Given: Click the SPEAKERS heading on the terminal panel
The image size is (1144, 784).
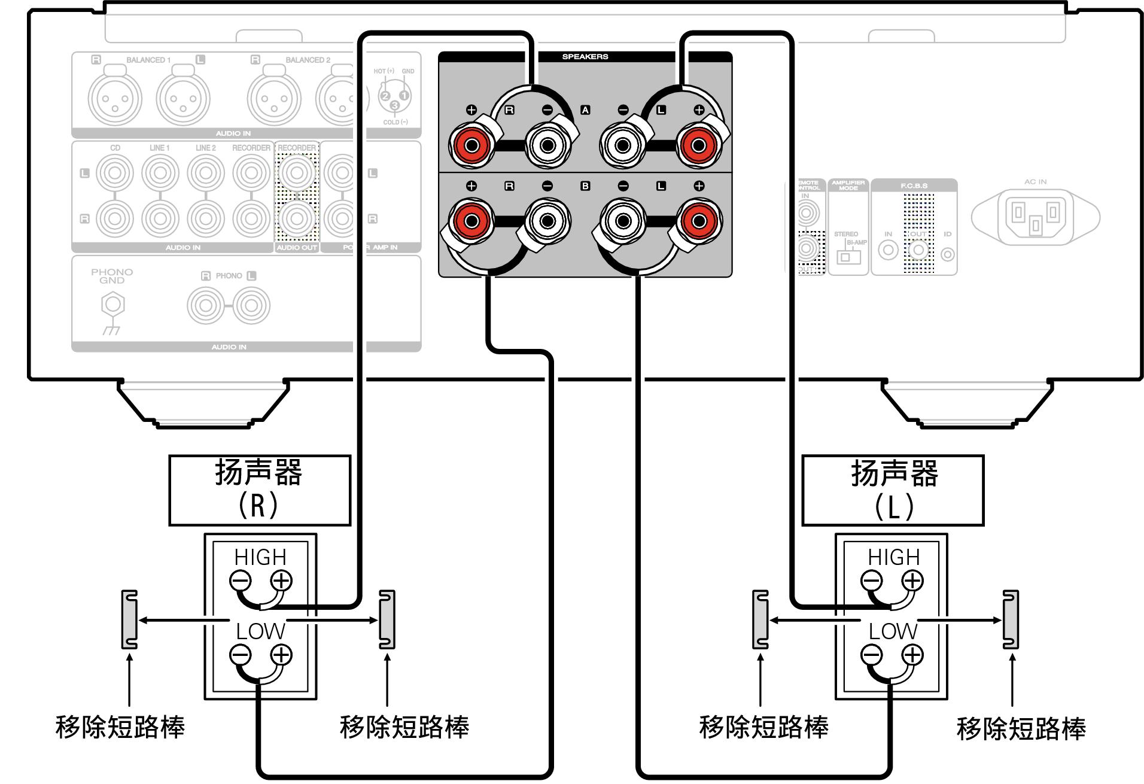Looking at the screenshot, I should tap(585, 57).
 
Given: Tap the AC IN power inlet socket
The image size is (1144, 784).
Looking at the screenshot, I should tap(1035, 216).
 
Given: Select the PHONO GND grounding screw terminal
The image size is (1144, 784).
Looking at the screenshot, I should tap(112, 305).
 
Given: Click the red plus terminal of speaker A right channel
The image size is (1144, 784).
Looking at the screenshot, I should tap(471, 145).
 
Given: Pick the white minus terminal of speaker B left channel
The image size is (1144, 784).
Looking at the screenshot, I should tap(623, 221).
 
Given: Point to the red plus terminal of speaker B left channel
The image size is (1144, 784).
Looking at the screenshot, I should tap(698, 221).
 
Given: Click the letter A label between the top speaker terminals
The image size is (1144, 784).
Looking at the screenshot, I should tap(585, 110).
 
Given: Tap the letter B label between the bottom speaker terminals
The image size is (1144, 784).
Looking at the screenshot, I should tap(585, 186).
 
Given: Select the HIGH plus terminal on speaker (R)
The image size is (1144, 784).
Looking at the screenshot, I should tap(281, 580).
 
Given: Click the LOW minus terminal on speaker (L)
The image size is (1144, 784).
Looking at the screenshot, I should tap(871, 655).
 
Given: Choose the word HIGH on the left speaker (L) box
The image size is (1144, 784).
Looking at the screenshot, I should tap(894, 557).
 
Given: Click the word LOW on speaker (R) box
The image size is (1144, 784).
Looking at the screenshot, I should tap(260, 631).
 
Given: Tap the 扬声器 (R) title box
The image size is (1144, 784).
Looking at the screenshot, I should tap(260, 490).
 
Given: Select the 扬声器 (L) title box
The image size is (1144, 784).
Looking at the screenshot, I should tap(893, 490).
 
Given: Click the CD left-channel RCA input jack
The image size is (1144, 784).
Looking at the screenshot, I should tap(115, 173).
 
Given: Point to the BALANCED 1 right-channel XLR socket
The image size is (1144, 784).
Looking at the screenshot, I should tap(115, 99).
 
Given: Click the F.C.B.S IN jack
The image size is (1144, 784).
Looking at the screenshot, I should tap(888, 250).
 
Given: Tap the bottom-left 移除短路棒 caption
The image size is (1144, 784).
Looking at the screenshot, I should tap(120, 727).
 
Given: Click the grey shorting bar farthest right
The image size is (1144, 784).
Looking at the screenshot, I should tap(1011, 619).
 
